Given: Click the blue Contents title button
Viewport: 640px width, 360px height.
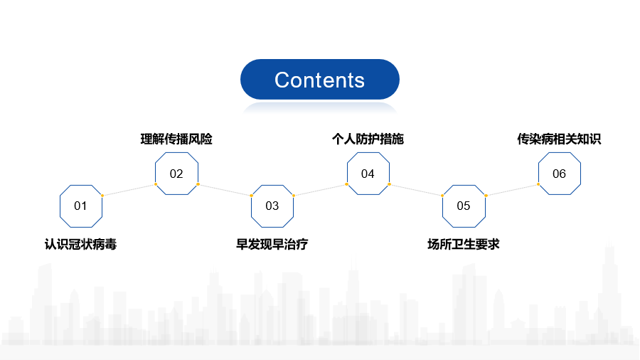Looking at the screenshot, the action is pyautogui.click(x=319, y=79).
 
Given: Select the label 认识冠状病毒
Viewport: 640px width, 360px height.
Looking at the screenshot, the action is pyautogui.click(x=81, y=244).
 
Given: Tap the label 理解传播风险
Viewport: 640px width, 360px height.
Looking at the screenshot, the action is pyautogui.click(x=176, y=139).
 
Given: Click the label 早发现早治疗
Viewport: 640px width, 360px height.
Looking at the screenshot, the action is pyautogui.click(x=272, y=244).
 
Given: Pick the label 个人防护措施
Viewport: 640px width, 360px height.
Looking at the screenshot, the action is pyautogui.click(x=368, y=139).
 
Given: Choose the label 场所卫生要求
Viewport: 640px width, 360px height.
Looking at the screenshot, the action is pyautogui.click(x=464, y=244).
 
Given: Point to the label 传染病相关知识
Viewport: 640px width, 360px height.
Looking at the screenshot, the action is pyautogui.click(x=559, y=139).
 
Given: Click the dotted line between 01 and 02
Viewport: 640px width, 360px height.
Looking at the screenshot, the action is pyautogui.click(x=129, y=190).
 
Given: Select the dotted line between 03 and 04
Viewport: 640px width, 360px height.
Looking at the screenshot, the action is pyautogui.click(x=320, y=190).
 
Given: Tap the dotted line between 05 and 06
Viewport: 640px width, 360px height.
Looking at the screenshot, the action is pyautogui.click(x=512, y=190).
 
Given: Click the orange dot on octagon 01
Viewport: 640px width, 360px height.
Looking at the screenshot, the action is pyautogui.click(x=102, y=196).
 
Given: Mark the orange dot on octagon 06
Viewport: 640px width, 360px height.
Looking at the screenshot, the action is pyautogui.click(x=538, y=184).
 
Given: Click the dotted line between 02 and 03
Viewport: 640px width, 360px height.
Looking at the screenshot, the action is pyautogui.click(x=225, y=190).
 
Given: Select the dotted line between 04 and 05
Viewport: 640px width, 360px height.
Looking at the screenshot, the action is pyautogui.click(x=416, y=190).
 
